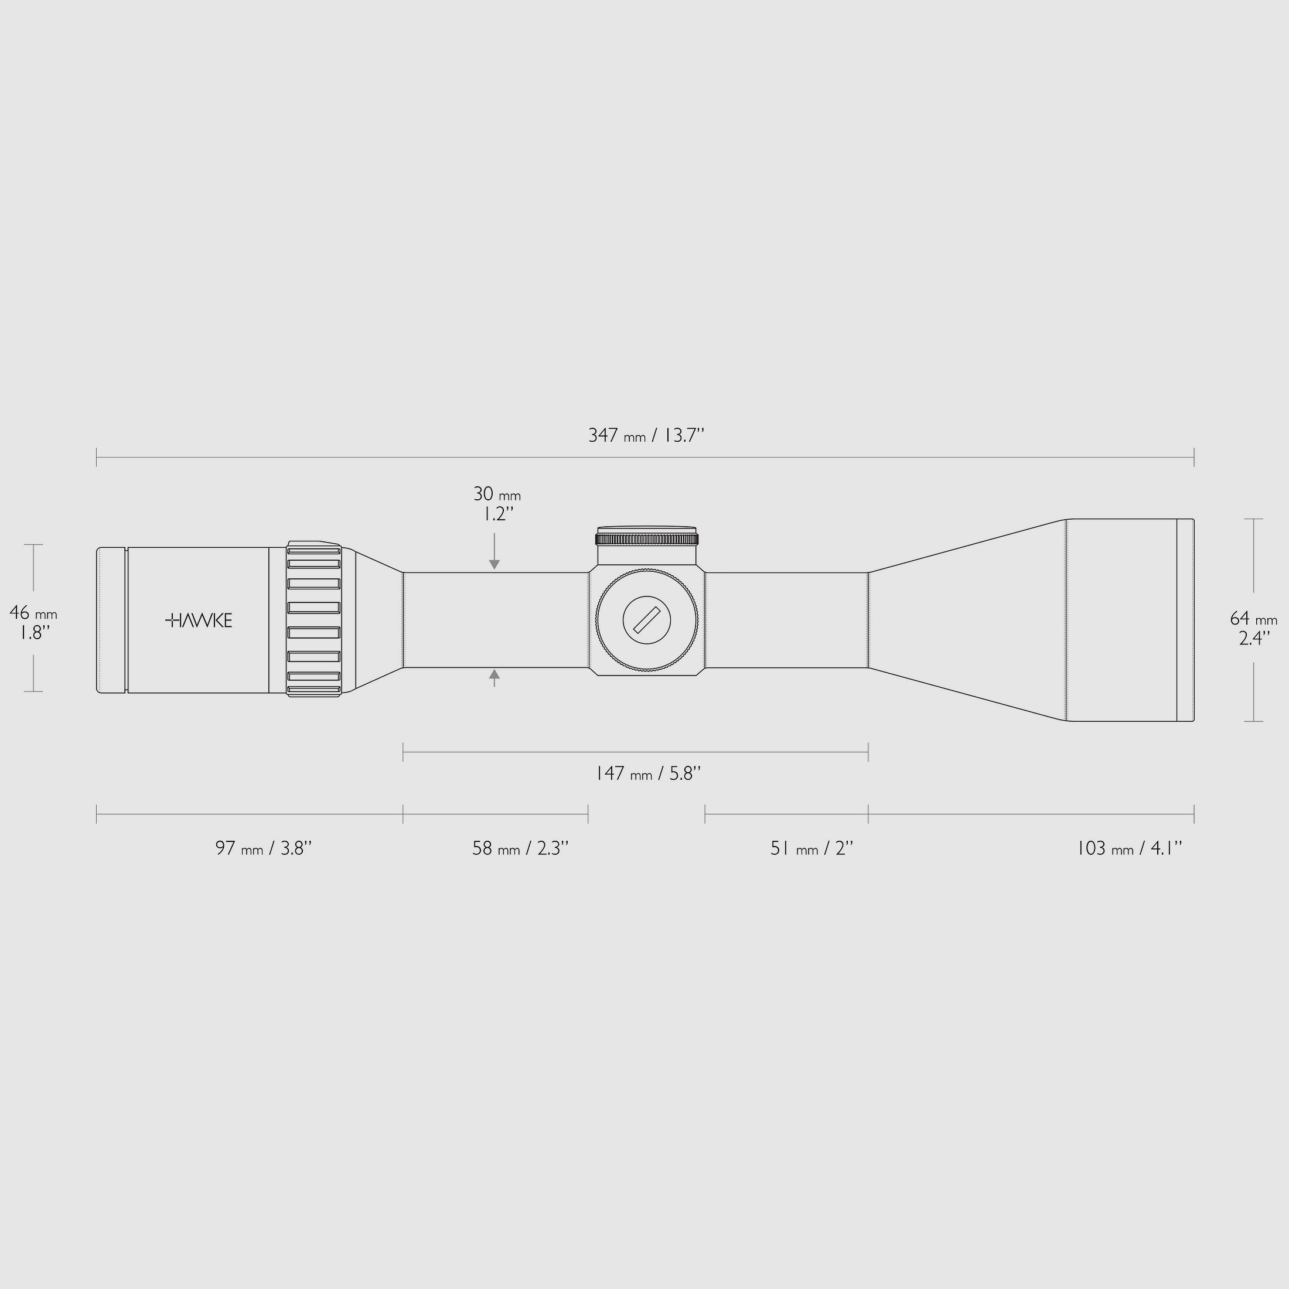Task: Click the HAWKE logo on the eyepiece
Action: coord(199,620)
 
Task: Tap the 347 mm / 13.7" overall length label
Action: coord(645,436)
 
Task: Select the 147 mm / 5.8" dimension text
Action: coord(647,774)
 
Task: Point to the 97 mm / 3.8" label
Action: coord(263,848)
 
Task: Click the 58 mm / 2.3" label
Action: coord(520,848)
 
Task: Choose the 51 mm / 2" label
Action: coord(811,848)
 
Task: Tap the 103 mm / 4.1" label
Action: coord(1129,848)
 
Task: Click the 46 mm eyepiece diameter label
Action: coord(33,612)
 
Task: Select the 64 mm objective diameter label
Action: coord(1253,619)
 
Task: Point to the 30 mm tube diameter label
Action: coord(496,495)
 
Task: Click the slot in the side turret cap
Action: coord(646,620)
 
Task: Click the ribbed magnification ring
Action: coord(313,619)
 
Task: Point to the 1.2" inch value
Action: coord(497,514)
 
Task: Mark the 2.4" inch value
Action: coord(1253,639)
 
